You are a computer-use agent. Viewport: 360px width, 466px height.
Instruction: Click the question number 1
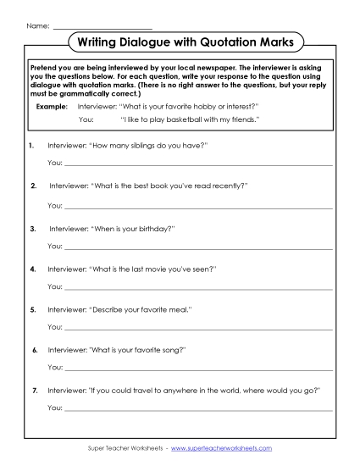pos(30,146)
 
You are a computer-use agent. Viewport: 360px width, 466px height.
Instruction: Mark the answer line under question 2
pos(199,207)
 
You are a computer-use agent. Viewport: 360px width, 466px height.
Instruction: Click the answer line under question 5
pos(199,328)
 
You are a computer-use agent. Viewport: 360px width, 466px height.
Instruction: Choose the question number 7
pos(34,390)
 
